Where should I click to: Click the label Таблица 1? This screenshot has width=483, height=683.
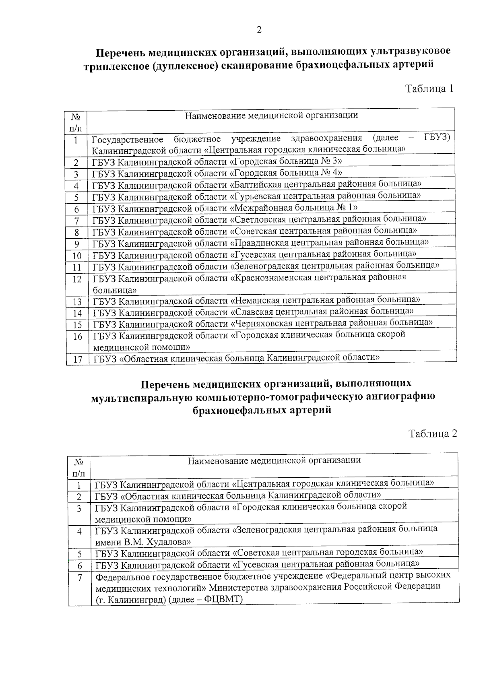coord(429,89)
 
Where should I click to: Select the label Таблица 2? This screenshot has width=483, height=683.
coord(433,433)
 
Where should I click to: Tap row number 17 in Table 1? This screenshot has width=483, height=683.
coord(77,359)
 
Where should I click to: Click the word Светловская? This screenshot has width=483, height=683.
coord(258,219)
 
